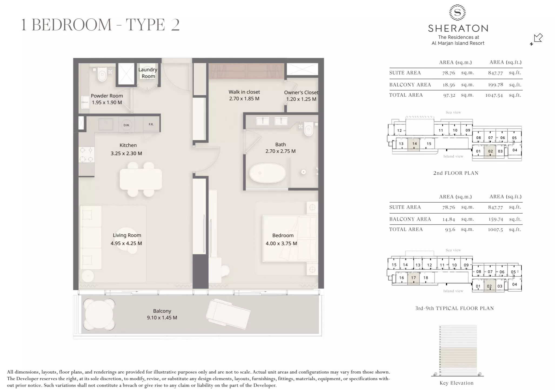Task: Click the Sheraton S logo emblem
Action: coord(457,12)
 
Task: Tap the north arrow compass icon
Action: coord(537,38)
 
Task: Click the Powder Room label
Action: coord(107,96)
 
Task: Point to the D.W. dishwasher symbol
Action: coord(126,125)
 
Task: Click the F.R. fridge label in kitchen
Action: coord(151,124)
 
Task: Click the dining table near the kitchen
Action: coord(141,179)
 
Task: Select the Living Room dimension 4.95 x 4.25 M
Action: coord(126,243)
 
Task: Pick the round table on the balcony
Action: coord(99,314)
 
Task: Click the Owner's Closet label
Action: coord(301,93)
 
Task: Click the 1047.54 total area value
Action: coord(494,95)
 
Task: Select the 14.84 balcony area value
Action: coord(449,219)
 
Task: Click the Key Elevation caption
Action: coord(456,383)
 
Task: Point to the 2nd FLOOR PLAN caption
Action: coord(456,173)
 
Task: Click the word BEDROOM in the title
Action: coord(72,25)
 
